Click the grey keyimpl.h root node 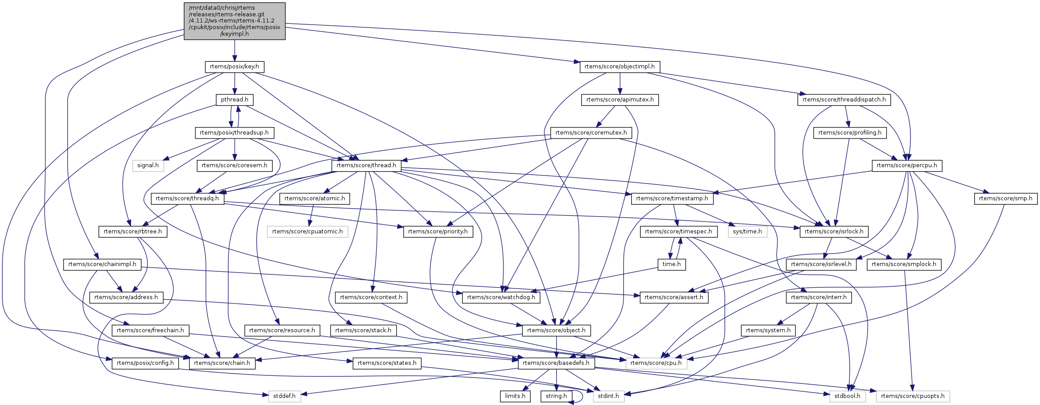pyautogui.click(x=234, y=21)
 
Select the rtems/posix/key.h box pyautogui.click(x=234, y=67)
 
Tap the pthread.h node pyautogui.click(x=234, y=100)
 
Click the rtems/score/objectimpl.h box pyautogui.click(x=619, y=67)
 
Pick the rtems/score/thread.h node pyautogui.click(x=366, y=165)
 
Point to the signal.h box pyautogui.click(x=148, y=165)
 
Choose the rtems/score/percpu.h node pyautogui.click(x=907, y=165)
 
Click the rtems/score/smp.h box pyautogui.click(x=1006, y=199)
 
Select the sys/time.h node pyautogui.click(x=747, y=232)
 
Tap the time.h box pyautogui.click(x=672, y=264)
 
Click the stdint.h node pyautogui.click(x=608, y=396)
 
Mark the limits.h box pyautogui.click(x=515, y=396)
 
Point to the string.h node pyautogui.click(x=556, y=396)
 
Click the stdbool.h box pyautogui.click(x=847, y=396)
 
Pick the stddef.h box pyautogui.click(x=285, y=396)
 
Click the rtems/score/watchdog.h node pyautogui.click(x=501, y=297)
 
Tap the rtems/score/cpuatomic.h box pyautogui.click(x=307, y=232)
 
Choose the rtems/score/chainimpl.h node pyautogui.click(x=102, y=264)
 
